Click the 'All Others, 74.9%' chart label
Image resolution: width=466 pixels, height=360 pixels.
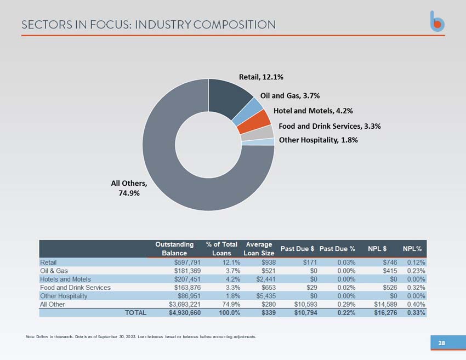[x=129, y=188]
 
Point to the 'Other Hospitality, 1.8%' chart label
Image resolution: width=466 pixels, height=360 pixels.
[x=319, y=140]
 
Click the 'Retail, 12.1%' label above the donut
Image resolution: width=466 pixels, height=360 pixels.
[x=261, y=77]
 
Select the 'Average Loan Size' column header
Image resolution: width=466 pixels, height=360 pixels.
[x=259, y=249]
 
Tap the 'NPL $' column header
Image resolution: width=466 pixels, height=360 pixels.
[x=377, y=249]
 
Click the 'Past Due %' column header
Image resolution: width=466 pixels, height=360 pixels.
[x=337, y=249]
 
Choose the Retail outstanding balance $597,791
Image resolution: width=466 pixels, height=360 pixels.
[x=187, y=262]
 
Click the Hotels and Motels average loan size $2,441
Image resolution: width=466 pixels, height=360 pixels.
[x=266, y=279]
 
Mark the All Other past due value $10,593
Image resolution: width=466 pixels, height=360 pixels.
[x=305, y=304]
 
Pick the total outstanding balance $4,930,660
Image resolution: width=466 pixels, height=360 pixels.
[x=185, y=313]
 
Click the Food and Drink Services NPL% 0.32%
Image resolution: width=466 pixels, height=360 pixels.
[x=416, y=288]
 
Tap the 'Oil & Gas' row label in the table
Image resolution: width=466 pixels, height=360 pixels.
[x=54, y=271]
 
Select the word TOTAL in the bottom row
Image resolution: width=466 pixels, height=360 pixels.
[x=135, y=313]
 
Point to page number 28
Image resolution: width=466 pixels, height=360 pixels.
[x=442, y=343]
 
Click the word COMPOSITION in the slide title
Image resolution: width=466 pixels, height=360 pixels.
[x=235, y=25]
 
